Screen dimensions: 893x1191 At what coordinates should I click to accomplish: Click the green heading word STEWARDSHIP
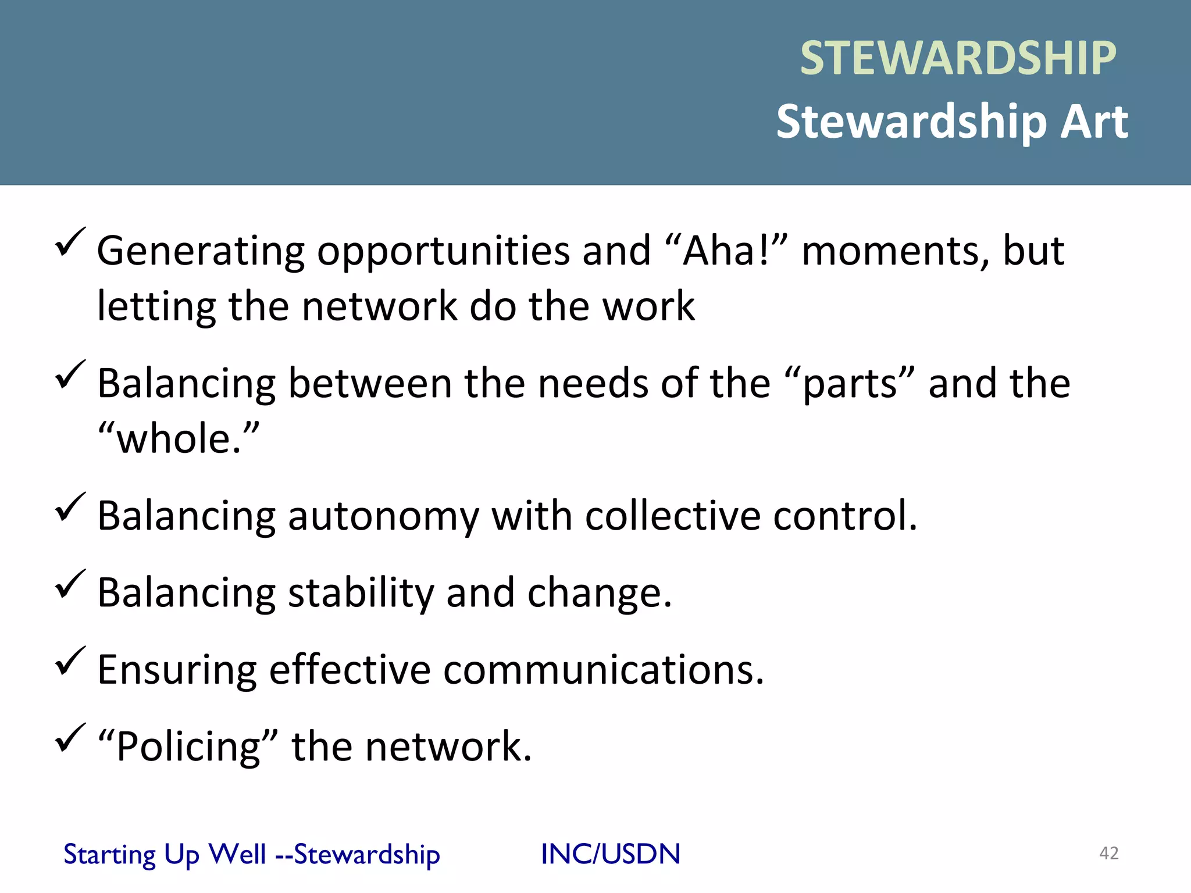(958, 58)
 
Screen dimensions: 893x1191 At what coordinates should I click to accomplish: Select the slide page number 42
(1108, 853)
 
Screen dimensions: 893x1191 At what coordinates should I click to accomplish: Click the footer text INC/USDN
(610, 854)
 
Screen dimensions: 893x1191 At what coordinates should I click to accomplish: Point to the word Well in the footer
(237, 854)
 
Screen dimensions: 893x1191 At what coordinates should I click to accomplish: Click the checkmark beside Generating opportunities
(70, 242)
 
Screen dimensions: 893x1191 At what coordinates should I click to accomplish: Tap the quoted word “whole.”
(178, 438)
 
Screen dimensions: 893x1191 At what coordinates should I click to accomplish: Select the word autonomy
(384, 516)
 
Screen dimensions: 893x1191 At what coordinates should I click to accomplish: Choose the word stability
(361, 593)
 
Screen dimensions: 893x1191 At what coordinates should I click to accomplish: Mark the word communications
(603, 670)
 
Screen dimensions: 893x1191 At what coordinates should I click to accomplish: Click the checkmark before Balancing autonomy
(70, 508)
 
